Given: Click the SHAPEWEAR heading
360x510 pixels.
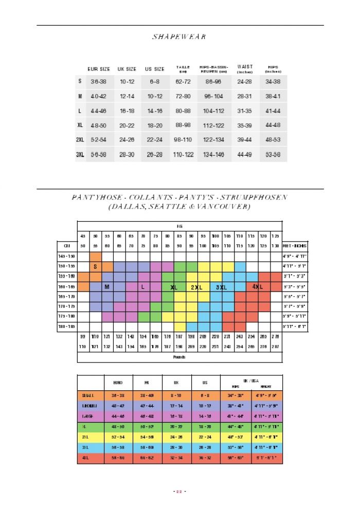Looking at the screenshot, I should (179, 37).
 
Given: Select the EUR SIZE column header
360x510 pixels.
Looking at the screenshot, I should (99, 68).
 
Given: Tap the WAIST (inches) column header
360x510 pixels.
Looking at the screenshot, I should (245, 68).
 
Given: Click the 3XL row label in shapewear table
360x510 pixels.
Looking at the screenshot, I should (80, 154).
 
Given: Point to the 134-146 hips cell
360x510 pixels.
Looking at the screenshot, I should (213, 154).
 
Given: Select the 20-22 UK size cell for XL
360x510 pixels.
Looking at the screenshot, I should (127, 125).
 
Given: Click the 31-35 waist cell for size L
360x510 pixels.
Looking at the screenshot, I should (245, 111).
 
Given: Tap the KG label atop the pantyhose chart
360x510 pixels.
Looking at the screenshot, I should (179, 226).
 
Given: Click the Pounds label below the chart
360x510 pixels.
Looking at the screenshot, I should (179, 357).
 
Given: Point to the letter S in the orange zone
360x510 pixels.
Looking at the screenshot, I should (95, 266).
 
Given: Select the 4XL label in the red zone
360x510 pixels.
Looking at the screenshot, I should (258, 286).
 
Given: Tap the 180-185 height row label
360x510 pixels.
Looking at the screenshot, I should (67, 326).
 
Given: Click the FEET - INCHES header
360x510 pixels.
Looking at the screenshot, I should (295, 246).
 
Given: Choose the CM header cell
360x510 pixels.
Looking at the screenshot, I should (67, 246).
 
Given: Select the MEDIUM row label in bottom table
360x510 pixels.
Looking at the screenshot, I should (89, 406).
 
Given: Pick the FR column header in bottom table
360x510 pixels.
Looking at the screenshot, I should (147, 383).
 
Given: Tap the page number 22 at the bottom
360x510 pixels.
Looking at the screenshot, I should (180, 492).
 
